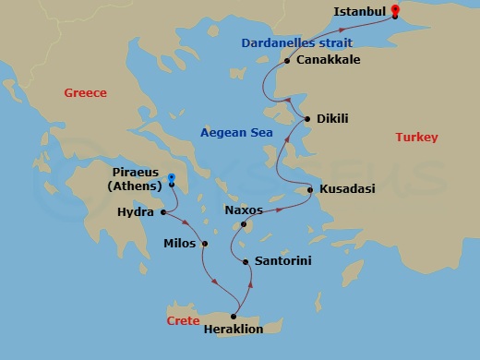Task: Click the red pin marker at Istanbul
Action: pos(395,12)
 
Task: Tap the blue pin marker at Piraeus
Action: pos(171,180)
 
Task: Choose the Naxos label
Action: pos(244,210)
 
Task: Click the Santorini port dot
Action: pos(246,262)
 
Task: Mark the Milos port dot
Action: pos(205,245)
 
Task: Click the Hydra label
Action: pos(137,213)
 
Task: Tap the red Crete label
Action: pos(184,320)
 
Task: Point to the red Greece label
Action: pos(86,93)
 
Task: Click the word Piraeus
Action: pos(136,173)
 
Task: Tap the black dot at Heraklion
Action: pos(234,316)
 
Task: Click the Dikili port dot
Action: pos(307,119)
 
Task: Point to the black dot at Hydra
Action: pos(163,213)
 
